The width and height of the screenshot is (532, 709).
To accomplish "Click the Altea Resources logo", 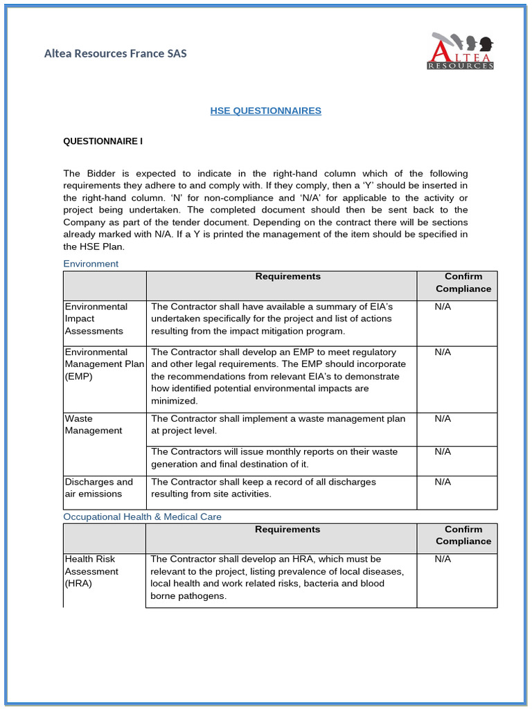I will click(461, 51).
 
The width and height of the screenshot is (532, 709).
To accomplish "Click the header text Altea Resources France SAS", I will click(115, 53).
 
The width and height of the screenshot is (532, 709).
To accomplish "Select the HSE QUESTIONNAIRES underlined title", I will click(265, 111).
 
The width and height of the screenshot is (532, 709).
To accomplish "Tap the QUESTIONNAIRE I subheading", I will click(103, 141).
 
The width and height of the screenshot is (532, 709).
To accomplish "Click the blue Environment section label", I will click(91, 264).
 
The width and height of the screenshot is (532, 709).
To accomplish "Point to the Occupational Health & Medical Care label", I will click(142, 517).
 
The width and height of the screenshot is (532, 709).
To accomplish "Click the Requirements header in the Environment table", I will click(287, 277).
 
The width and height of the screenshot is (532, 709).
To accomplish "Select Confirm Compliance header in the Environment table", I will click(463, 282).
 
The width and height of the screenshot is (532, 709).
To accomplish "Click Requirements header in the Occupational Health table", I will click(287, 530).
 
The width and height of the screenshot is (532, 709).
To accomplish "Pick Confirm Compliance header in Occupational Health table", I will click(463, 535).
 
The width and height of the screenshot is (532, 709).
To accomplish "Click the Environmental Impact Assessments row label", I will click(96, 318).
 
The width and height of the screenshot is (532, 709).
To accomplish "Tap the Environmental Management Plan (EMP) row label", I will click(104, 364).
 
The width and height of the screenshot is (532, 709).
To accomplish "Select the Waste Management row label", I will click(93, 424).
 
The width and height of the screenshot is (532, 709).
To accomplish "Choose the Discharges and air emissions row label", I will click(98, 487).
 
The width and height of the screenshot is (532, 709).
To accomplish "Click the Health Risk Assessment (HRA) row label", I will click(91, 571).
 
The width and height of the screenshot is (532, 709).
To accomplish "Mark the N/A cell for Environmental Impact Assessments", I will click(443, 307).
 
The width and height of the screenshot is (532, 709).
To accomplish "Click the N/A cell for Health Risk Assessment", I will click(443, 559).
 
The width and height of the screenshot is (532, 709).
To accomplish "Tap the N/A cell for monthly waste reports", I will click(443, 451).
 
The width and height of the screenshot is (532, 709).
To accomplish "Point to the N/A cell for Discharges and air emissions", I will click(443, 482).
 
